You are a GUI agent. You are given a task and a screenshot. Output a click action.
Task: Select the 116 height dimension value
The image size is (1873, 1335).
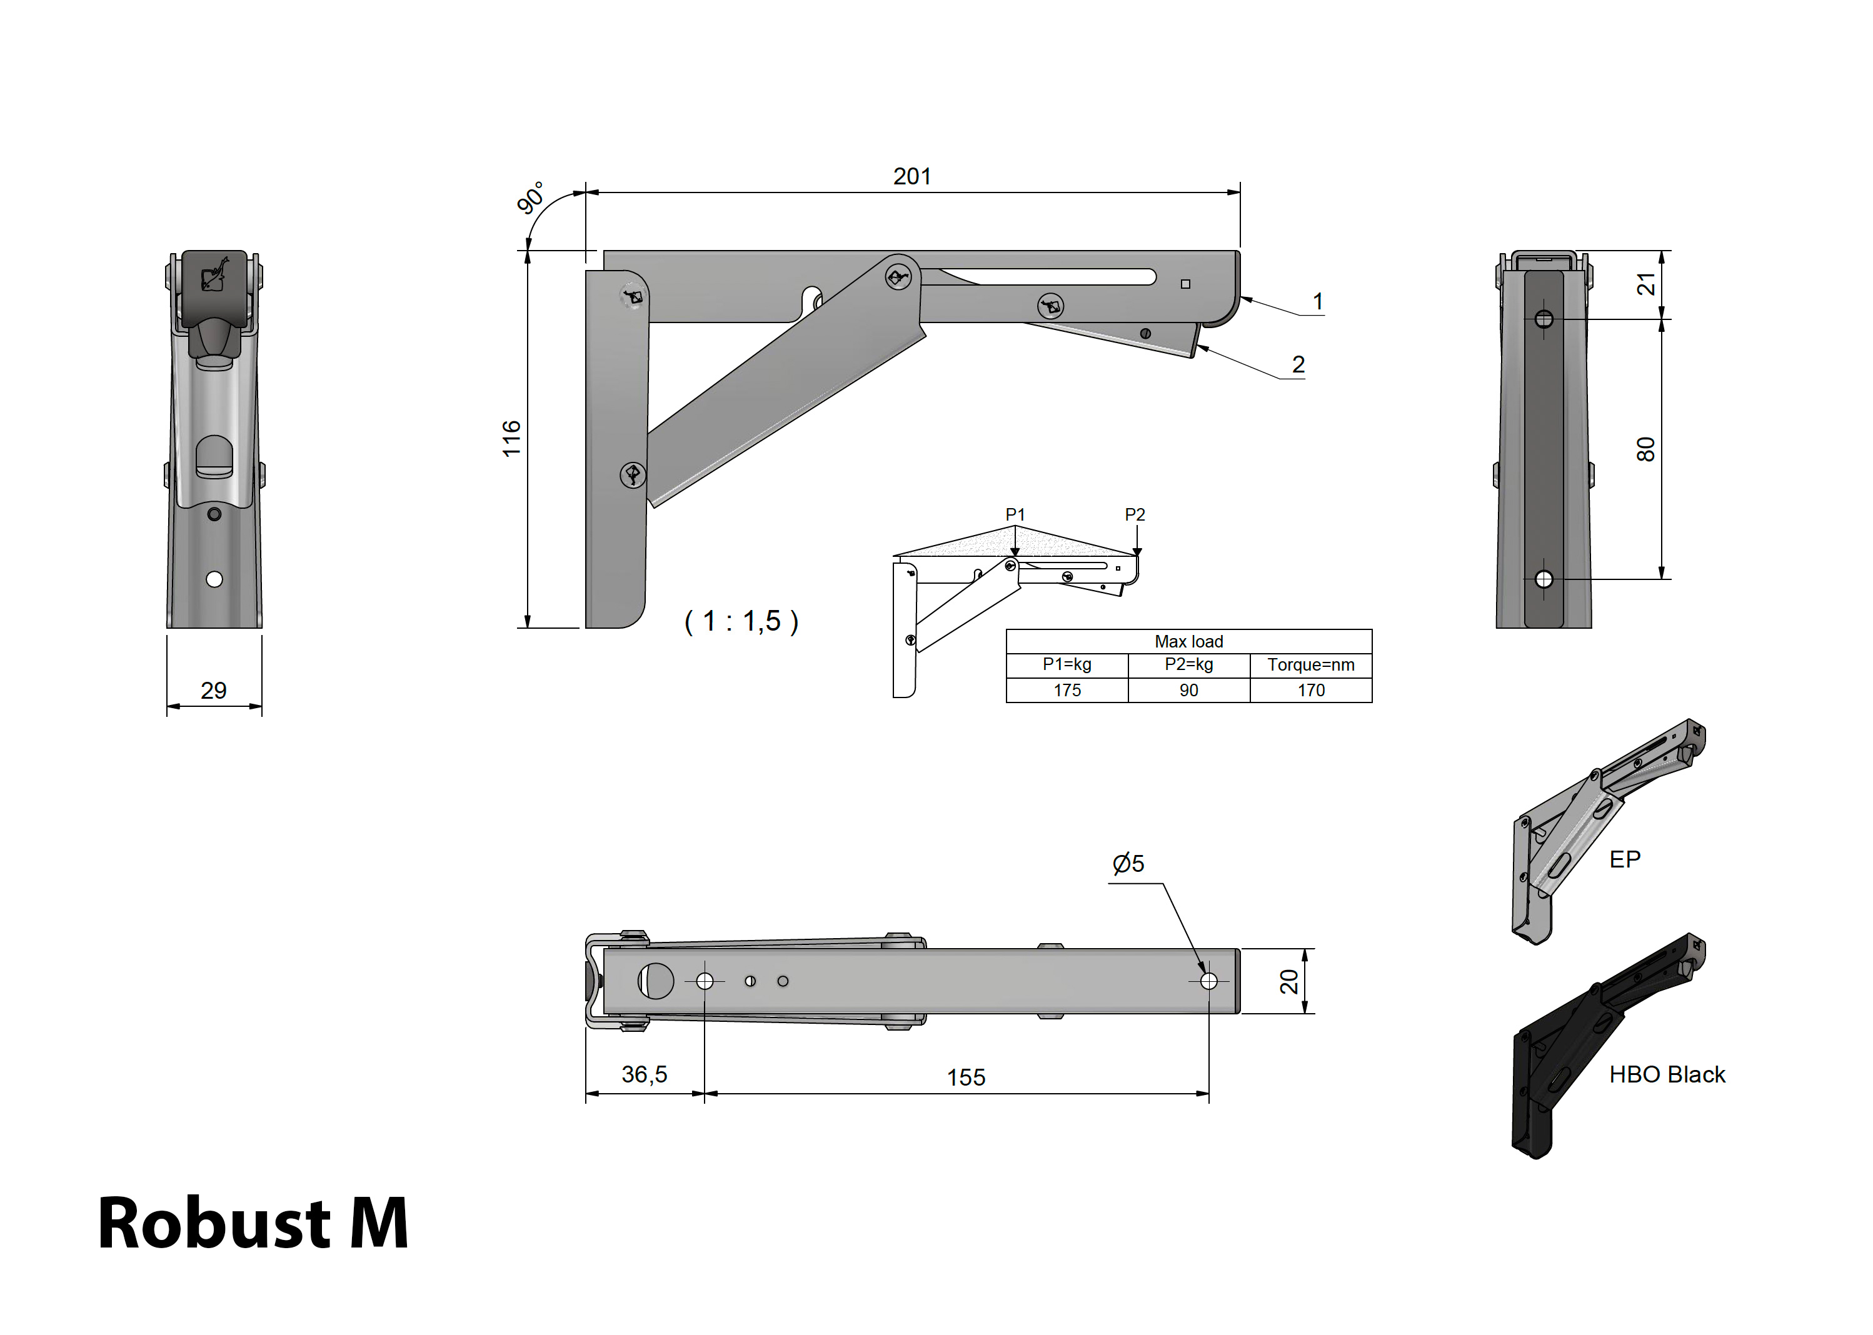511,438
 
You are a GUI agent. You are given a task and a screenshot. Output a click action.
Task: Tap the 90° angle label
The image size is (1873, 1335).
530,198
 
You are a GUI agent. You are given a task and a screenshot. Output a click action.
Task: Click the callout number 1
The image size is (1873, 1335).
1317,302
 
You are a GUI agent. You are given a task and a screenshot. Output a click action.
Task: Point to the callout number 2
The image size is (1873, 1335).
1298,364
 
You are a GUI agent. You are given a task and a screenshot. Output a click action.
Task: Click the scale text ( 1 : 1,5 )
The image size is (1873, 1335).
741,621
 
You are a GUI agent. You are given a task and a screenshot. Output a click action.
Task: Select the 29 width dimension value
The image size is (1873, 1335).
214,691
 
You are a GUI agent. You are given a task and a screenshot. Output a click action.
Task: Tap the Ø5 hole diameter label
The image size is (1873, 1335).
1128,864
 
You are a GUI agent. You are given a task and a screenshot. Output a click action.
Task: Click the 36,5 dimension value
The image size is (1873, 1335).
644,1074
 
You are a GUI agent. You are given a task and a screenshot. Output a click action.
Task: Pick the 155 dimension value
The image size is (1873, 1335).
965,1077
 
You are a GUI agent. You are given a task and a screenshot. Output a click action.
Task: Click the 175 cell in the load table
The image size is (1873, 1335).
1067,691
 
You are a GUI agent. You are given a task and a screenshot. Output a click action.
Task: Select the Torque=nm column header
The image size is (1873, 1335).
1310,665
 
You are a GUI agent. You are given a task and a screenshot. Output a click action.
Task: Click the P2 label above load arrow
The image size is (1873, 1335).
1135,514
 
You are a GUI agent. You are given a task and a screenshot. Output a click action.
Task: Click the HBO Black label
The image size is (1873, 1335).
1667,1074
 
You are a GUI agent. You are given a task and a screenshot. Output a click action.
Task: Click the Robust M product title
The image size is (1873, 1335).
253,1224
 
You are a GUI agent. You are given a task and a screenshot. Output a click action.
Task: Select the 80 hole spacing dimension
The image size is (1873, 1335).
1645,449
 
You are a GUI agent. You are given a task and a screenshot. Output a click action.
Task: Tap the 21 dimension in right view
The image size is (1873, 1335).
1645,284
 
